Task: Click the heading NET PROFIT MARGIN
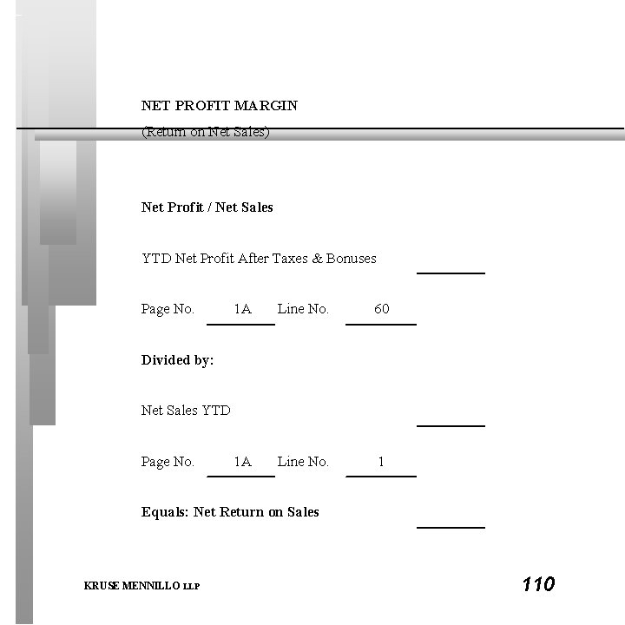tap(220, 106)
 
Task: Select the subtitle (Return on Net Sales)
tap(206, 133)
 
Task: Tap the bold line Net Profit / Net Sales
tap(207, 207)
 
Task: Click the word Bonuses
tap(352, 259)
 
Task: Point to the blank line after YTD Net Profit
tap(451, 272)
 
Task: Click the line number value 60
tap(382, 309)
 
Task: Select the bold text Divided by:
tap(178, 360)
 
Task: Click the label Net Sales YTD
tap(186, 411)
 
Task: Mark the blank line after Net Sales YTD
tap(451, 425)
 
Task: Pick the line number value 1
tap(381, 462)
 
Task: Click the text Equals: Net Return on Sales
tap(230, 512)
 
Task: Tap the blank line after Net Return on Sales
tap(451, 526)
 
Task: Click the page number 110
tap(538, 584)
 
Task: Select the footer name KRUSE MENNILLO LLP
tap(141, 587)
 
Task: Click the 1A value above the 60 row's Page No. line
tap(242, 309)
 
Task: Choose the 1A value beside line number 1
tap(242, 462)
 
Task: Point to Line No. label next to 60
tap(303, 309)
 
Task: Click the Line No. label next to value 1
tap(303, 462)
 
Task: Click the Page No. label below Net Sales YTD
tap(168, 462)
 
